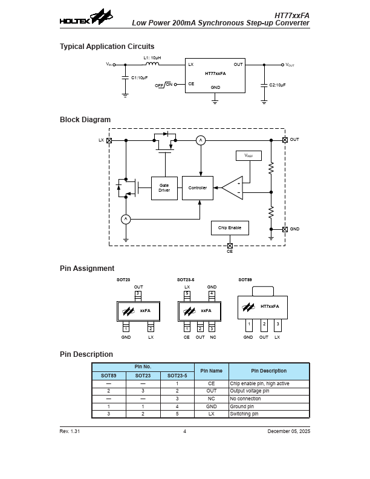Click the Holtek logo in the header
click(x=86, y=18)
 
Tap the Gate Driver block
click(x=164, y=188)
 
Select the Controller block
click(x=198, y=188)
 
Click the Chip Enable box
click(x=230, y=228)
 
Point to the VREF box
click(x=248, y=155)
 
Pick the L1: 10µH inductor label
click(x=151, y=58)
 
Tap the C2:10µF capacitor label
click(x=277, y=85)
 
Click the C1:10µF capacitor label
click(x=140, y=77)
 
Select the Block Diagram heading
click(x=85, y=120)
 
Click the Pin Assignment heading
click(x=87, y=269)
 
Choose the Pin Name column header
click(x=212, y=371)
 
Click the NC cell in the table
click(x=212, y=399)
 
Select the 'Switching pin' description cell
click(x=244, y=414)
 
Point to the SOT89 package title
click(x=245, y=280)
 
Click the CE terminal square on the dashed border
click(x=230, y=246)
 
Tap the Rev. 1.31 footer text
click(x=70, y=431)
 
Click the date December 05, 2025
click(x=288, y=431)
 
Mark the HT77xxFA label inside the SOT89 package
click(x=270, y=307)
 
